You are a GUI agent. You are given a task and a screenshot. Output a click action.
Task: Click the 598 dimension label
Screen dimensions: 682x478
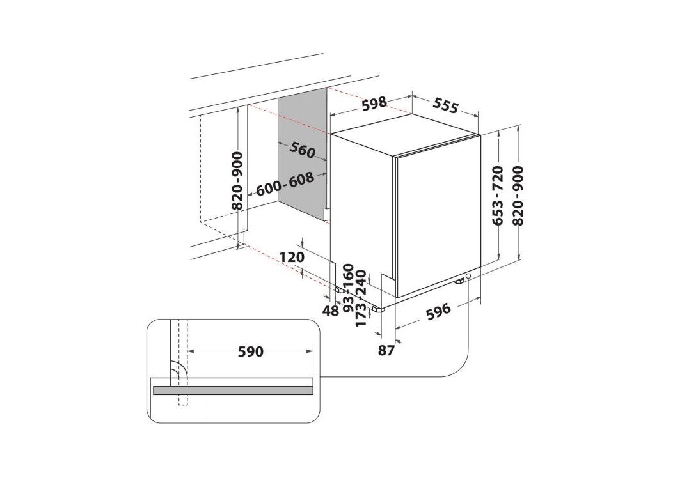[374, 103]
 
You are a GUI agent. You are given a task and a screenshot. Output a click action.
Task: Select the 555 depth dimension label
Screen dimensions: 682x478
[445, 105]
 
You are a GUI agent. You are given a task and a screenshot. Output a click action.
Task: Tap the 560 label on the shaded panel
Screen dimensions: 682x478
[302, 150]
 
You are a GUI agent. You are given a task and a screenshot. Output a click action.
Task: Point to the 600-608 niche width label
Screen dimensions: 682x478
[285, 185]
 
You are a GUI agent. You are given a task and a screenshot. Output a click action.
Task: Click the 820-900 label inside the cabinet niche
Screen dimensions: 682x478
[237, 181]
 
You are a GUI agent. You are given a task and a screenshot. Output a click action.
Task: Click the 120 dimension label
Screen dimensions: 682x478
[291, 258]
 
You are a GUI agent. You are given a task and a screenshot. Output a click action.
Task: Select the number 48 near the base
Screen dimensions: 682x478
[331, 311]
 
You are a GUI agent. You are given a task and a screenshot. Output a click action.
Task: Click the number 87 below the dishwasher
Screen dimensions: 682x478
[385, 350]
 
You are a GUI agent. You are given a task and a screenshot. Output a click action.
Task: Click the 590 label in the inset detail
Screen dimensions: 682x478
[251, 351]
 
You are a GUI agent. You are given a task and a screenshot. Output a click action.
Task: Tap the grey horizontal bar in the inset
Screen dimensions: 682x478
[233, 390]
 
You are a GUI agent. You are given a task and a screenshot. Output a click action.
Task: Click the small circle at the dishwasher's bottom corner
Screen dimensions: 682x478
[468, 276]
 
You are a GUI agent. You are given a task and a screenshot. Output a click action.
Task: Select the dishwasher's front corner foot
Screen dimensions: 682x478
[377, 309]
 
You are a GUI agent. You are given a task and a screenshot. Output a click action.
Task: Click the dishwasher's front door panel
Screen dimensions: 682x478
[438, 216]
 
